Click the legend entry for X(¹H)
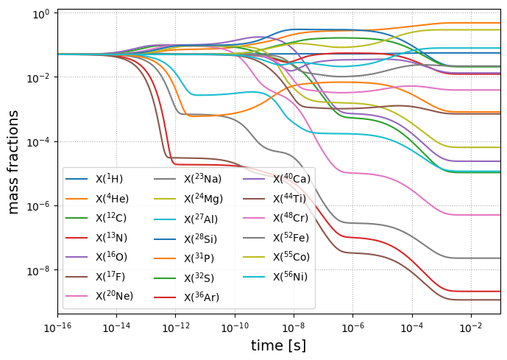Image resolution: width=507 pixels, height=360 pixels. (110, 179)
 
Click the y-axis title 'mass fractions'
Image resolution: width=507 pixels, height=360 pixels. (14, 163)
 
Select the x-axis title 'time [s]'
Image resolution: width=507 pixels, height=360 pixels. (278, 345)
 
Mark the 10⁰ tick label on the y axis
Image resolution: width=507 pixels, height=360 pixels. (40, 13)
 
